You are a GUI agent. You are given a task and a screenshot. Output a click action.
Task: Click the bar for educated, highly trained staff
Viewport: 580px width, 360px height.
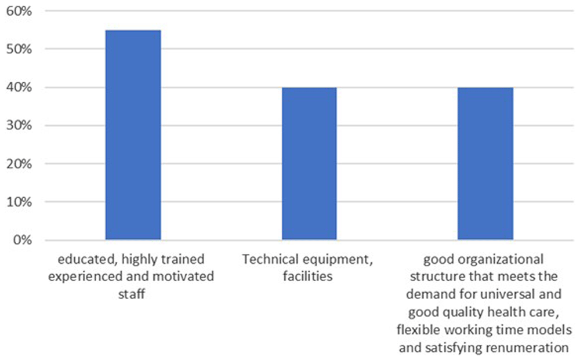coord(133,135)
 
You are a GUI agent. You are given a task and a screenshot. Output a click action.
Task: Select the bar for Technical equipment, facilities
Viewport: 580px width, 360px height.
coord(309,163)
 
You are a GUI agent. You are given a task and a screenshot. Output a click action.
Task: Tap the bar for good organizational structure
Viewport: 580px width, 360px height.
coord(485,163)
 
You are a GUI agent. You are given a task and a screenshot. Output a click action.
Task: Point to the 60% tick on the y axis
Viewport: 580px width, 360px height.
coord(19,11)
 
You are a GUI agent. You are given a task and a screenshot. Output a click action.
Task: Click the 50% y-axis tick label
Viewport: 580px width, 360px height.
coord(19,49)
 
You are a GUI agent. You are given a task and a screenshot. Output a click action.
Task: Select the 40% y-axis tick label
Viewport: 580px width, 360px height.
coord(19,88)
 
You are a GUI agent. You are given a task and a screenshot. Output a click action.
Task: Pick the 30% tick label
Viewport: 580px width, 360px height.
coord(19,126)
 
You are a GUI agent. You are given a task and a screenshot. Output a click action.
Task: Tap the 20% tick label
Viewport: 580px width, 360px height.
coord(19,163)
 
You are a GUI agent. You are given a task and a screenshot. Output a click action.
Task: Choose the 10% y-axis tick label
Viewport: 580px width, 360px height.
coord(19,202)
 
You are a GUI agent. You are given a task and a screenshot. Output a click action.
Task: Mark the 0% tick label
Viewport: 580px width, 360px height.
coord(23,240)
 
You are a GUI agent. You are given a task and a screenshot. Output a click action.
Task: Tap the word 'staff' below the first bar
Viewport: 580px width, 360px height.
coord(131,294)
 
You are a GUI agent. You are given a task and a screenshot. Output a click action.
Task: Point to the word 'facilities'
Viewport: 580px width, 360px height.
coord(308,277)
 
